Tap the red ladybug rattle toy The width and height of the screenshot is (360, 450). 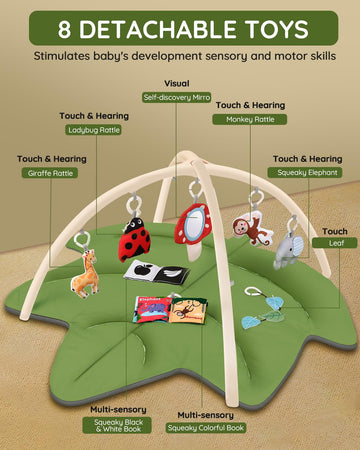134,239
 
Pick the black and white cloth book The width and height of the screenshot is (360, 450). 157,272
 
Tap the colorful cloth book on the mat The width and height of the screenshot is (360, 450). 170,310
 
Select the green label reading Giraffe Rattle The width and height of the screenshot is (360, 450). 50,173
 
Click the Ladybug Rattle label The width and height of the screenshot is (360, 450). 93,130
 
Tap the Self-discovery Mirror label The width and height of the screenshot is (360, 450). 177,97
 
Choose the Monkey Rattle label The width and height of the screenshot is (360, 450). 250,119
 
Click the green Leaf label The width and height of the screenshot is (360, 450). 335,243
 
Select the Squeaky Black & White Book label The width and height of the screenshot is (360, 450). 117,425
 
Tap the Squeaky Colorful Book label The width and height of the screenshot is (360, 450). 206,428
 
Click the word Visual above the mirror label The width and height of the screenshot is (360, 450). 177,84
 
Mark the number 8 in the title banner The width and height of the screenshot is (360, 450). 65,29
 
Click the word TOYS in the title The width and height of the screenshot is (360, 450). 277,29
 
